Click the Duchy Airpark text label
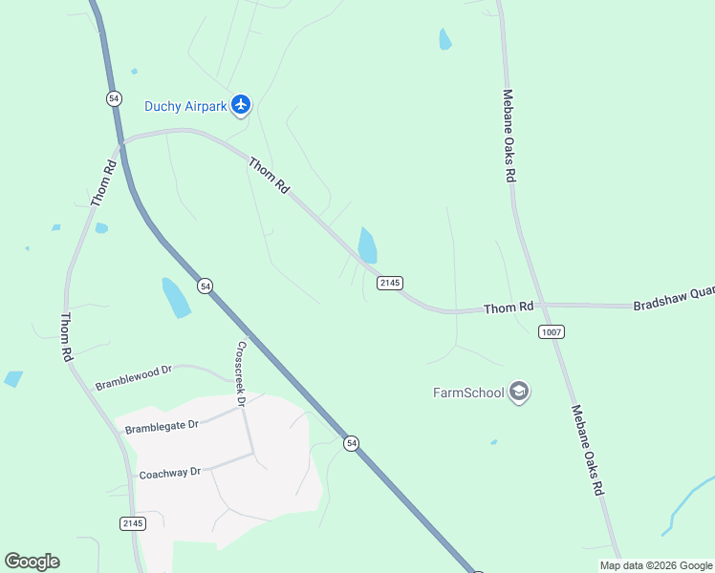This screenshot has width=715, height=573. click(185, 106)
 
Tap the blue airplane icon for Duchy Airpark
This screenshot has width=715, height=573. click(240, 104)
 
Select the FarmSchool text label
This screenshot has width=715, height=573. click(468, 393)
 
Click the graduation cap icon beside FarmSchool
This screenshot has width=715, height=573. click(519, 392)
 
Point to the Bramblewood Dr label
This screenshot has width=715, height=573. click(133, 377)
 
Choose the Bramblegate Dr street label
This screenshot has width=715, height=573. click(162, 425)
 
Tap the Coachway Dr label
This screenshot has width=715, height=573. click(170, 472)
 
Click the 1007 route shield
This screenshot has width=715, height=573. click(552, 331)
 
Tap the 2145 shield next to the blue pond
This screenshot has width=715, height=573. click(389, 283)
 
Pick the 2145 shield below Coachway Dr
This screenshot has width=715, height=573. click(134, 522)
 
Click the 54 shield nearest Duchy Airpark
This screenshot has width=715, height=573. click(114, 98)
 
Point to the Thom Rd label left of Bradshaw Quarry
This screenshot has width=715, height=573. click(508, 308)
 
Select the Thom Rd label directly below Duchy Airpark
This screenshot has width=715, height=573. click(269, 177)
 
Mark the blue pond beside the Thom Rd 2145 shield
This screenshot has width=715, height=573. click(367, 245)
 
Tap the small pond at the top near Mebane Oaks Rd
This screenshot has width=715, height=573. click(444, 39)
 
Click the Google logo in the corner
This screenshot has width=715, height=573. click(32, 562)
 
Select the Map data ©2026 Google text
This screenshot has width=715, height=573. click(656, 565)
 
